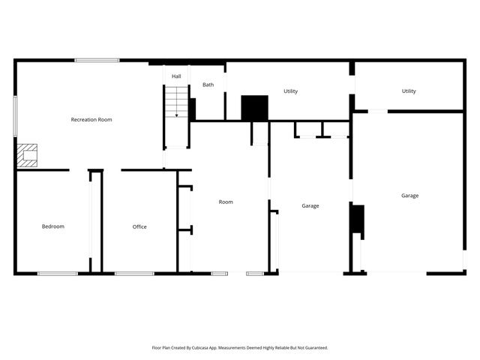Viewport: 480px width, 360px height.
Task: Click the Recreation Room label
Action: pos(91,119)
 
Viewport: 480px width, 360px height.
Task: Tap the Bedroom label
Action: pos(52,226)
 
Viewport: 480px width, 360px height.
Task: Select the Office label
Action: pos(139,226)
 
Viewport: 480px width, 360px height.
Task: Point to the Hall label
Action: pos(176,76)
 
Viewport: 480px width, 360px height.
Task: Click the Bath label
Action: pos(208,85)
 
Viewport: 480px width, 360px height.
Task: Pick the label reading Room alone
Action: pos(226,202)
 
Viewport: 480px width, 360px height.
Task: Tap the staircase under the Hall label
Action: pos(176,102)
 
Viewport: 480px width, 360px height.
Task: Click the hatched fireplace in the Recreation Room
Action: pos(28,155)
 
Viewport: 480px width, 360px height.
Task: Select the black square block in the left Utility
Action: pos(254,107)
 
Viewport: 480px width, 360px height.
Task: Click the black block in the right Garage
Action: pos(358,219)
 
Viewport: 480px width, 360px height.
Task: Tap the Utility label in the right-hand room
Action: pos(409,91)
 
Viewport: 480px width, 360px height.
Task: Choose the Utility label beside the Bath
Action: pos(291,91)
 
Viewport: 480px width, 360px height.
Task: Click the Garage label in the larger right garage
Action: pos(409,196)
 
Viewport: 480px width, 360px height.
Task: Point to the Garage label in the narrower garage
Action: pos(310,205)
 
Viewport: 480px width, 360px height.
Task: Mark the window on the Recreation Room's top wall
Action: pos(97,60)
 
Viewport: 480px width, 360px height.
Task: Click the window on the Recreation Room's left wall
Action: pos(15,115)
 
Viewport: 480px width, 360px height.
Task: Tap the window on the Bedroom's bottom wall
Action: pos(58,274)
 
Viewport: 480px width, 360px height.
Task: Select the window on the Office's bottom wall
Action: pos(134,274)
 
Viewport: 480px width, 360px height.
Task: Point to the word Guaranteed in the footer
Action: pos(313,348)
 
